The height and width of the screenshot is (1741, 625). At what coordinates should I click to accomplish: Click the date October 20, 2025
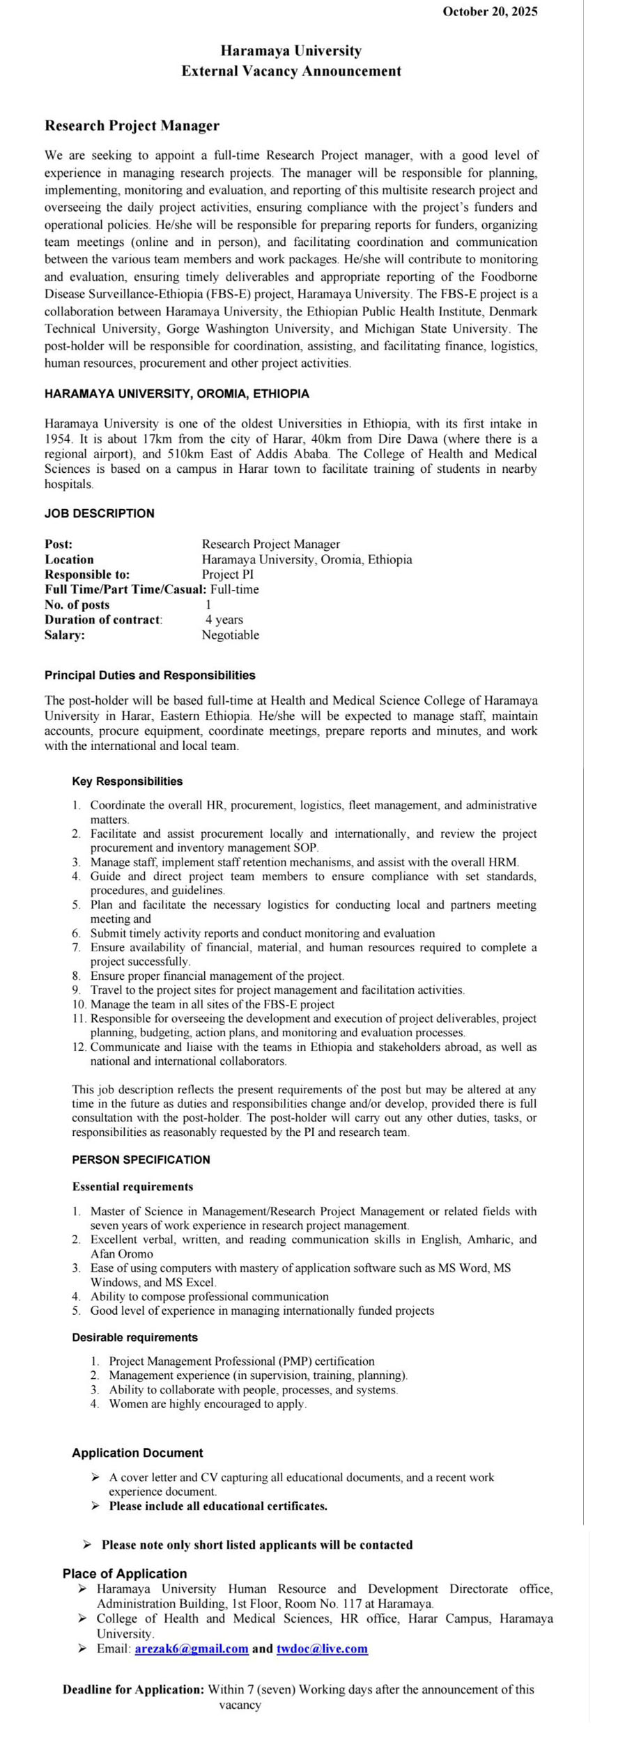click(x=490, y=11)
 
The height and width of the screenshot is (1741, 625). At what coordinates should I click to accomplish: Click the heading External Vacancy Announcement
click(x=291, y=71)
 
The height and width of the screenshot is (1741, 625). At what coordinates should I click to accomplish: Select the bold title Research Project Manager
click(x=132, y=126)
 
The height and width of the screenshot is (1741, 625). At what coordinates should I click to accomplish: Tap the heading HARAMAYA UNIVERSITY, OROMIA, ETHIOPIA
click(x=177, y=394)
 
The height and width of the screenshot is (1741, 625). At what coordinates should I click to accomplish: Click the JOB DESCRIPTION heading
click(x=100, y=514)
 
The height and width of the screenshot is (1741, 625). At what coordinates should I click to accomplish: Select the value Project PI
click(x=228, y=575)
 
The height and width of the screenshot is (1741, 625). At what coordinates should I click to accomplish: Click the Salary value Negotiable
click(x=230, y=635)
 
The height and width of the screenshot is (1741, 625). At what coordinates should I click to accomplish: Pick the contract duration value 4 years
click(x=224, y=620)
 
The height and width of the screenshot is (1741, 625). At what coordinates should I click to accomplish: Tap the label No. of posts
click(x=77, y=605)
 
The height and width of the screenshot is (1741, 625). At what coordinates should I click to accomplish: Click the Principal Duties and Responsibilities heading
click(x=150, y=676)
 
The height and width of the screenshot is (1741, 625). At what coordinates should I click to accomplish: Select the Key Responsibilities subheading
click(x=127, y=782)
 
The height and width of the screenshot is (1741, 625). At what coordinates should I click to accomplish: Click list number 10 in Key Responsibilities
click(x=79, y=1005)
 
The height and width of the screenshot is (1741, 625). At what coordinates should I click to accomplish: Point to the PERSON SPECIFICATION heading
click(x=141, y=1160)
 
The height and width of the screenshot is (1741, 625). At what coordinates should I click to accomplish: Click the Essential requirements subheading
click(x=132, y=1187)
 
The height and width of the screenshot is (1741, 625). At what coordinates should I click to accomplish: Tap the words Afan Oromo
click(x=121, y=1254)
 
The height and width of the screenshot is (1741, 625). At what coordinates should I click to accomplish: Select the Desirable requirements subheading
click(x=134, y=1338)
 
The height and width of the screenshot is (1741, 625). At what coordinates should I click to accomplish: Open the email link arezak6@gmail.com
click(x=192, y=1649)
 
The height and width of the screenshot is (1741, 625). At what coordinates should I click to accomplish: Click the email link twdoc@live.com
click(x=322, y=1649)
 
